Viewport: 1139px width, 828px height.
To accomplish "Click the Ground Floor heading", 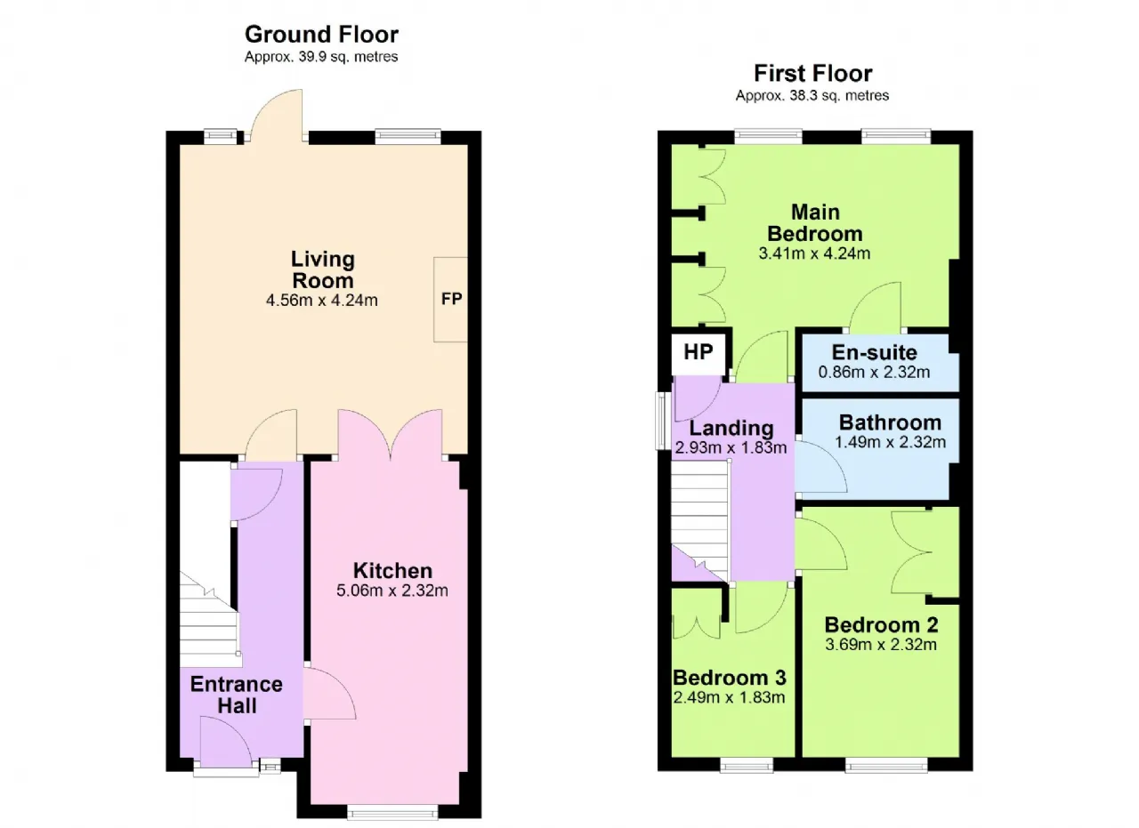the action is point(321,35).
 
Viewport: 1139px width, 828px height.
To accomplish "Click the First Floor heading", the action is point(812,73).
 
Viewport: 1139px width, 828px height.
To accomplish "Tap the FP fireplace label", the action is point(451,299).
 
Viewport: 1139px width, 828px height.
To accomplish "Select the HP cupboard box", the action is point(699,354).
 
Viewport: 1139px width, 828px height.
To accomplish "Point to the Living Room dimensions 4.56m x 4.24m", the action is point(322,301).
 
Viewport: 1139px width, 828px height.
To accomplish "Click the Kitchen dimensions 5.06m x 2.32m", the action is point(392,591).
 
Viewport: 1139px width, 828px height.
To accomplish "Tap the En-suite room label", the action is point(874,352).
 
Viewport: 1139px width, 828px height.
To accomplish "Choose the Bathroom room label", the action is point(890,422).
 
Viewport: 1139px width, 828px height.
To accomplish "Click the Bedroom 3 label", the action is point(729,678).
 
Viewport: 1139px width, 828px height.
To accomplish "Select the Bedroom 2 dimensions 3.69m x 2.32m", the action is point(881,645).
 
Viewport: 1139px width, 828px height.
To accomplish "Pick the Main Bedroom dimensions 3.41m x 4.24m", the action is point(814,253).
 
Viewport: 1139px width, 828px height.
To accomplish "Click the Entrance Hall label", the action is point(237,695).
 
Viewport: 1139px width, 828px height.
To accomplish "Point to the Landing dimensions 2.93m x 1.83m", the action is point(731,447).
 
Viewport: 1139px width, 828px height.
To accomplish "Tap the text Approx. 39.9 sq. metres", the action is point(321,56).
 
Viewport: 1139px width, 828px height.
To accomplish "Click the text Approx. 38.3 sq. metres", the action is point(812,95).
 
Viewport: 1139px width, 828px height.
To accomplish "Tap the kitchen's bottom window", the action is point(392,813).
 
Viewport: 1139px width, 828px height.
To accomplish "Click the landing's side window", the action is point(663,421).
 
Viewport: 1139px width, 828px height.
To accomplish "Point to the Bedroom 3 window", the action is point(747,766).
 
